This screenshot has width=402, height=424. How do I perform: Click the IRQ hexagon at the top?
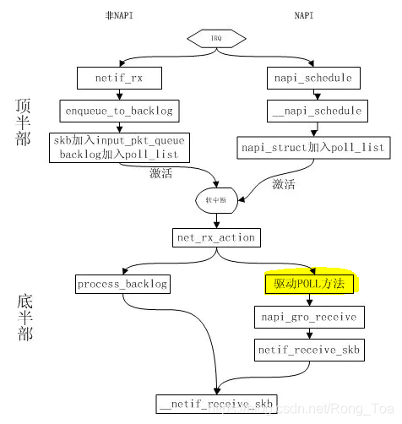[x=216, y=38]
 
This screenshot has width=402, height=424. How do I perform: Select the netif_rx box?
[x=119, y=79]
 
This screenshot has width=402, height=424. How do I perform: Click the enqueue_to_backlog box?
[x=119, y=111]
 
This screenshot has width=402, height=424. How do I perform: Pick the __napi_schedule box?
[x=318, y=111]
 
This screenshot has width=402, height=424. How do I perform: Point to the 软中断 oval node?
[x=216, y=200]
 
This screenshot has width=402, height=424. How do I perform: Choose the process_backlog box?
[x=123, y=285]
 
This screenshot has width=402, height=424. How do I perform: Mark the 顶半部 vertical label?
[x=24, y=124]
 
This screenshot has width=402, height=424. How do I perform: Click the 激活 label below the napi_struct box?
[x=283, y=183]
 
